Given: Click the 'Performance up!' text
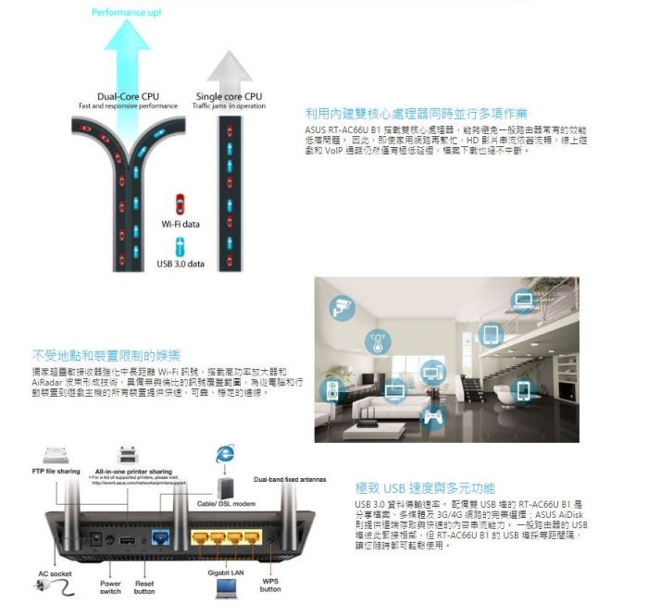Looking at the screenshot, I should pyautogui.click(x=127, y=12).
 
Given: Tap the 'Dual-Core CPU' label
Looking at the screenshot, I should pyautogui.click(x=128, y=97).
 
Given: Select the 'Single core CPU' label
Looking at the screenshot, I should pyautogui.click(x=229, y=97).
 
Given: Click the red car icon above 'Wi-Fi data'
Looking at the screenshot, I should pyautogui.click(x=180, y=203).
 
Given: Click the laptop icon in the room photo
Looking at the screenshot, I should pyautogui.click(x=524, y=300).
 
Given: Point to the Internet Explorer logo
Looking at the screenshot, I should pyautogui.click(x=224, y=453).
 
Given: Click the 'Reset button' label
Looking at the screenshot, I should pyautogui.click(x=143, y=585).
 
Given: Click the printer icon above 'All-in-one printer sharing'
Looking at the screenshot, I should pyautogui.click(x=128, y=454).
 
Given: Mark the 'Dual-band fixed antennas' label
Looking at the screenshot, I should pyautogui.click(x=290, y=478).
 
